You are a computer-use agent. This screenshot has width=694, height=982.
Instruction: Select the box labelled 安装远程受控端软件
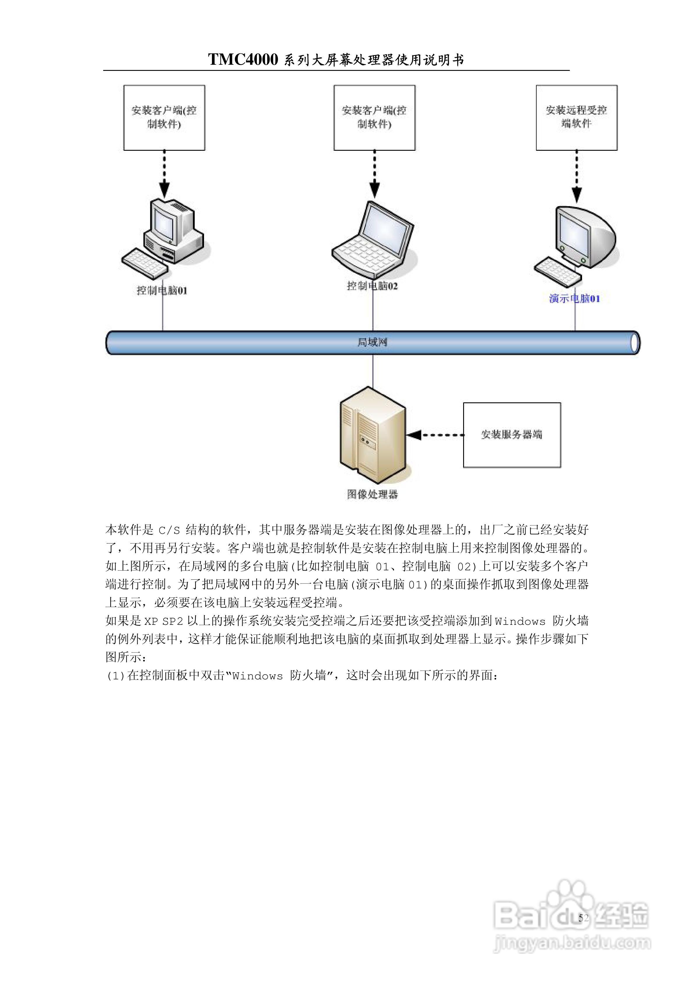[577, 118]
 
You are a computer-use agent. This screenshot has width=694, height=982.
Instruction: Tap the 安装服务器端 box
[512, 435]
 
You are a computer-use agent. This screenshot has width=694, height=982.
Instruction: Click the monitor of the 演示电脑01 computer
[586, 235]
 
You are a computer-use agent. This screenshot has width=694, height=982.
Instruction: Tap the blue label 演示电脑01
[574, 299]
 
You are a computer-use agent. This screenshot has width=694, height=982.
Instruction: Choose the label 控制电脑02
[372, 286]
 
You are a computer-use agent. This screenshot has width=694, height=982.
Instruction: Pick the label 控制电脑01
[162, 291]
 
